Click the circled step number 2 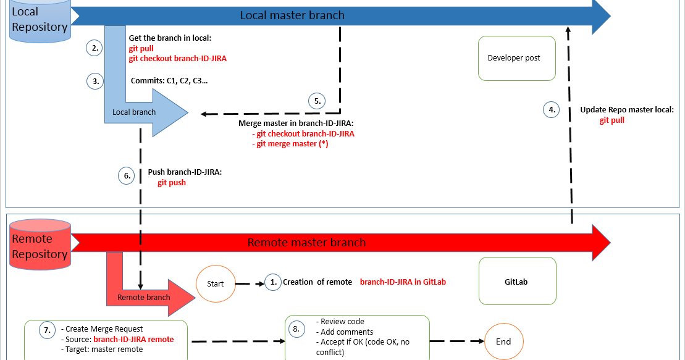pyautogui.click(x=95, y=48)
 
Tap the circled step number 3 pyautogui.click(x=95, y=81)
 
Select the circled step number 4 pyautogui.click(x=552, y=109)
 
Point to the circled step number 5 pyautogui.click(x=317, y=101)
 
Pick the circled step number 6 pyautogui.click(x=126, y=175)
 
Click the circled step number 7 pyautogui.click(x=47, y=330)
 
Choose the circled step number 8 pyautogui.click(x=296, y=329)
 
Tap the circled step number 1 pyautogui.click(x=273, y=282)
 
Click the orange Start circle pyautogui.click(x=216, y=283)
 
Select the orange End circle pyautogui.click(x=503, y=341)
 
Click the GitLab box pyautogui.click(x=517, y=281)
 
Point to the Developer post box pyautogui.click(x=517, y=58)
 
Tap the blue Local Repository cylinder pyautogui.click(x=40, y=20)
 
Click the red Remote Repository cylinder pyautogui.click(x=40, y=245)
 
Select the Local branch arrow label pyautogui.click(x=133, y=112)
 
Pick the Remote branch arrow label pyautogui.click(x=144, y=298)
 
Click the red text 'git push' pyautogui.click(x=172, y=183)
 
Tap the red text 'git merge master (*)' pyautogui.click(x=290, y=144)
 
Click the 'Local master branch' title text pyautogui.click(x=292, y=15)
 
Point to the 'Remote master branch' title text pyautogui.click(x=307, y=243)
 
